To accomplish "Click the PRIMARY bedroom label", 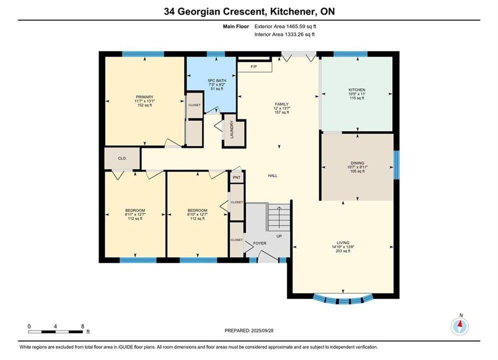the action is (x=145, y=97).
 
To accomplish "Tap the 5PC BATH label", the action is (x=217, y=81).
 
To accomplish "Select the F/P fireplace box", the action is (x=254, y=67).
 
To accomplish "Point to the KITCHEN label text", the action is (x=357, y=90).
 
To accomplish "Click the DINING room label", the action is (x=357, y=163).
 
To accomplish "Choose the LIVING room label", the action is (x=343, y=242).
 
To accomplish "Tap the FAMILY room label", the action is (x=282, y=104).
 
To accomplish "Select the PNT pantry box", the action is (x=237, y=177).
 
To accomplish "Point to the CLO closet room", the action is (x=122, y=158).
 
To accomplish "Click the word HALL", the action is (x=272, y=175).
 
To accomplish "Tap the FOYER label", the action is (x=260, y=243).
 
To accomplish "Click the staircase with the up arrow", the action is (x=279, y=217).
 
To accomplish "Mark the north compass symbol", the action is (x=459, y=325).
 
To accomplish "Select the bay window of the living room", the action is (x=343, y=299).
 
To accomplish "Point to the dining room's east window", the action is (x=396, y=165).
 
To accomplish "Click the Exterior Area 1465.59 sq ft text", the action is (x=285, y=26).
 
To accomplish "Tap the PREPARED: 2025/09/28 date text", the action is (x=249, y=330).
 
